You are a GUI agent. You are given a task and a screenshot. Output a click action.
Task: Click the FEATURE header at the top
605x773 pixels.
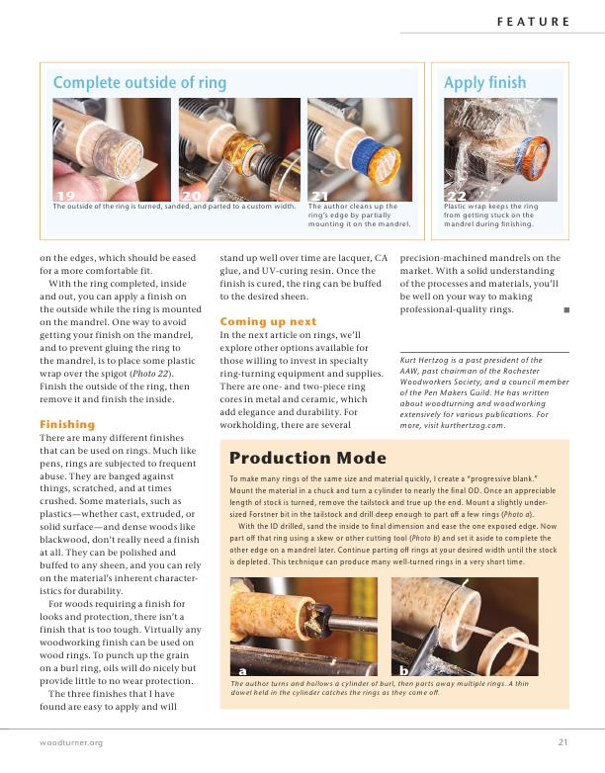click(533, 21)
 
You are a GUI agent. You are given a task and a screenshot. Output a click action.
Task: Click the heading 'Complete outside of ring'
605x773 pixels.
click(139, 83)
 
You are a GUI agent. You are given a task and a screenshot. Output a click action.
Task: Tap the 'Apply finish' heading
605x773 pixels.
click(485, 83)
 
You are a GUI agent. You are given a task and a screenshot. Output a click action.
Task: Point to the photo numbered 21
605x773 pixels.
click(360, 149)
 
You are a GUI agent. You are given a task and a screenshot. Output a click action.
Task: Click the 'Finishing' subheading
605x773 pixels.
click(66, 424)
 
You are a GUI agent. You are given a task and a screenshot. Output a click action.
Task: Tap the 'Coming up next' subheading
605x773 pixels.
click(268, 321)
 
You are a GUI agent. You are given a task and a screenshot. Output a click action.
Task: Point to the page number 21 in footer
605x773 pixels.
click(562, 742)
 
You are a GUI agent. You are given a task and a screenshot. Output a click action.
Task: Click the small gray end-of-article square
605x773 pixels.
click(566, 310)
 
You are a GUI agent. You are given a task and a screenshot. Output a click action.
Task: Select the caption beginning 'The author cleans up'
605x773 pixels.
click(359, 215)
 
